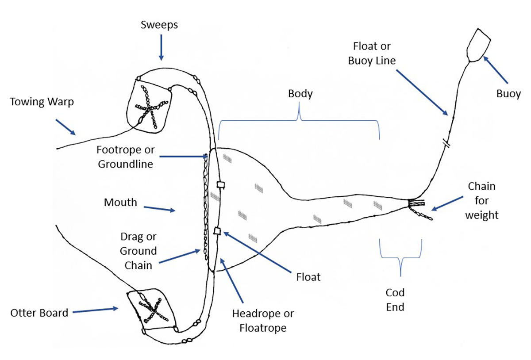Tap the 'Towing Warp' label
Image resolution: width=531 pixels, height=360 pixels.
[42, 102]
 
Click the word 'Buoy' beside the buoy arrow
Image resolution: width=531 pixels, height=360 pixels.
[508, 94]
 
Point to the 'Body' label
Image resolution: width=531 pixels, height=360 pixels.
[300, 94]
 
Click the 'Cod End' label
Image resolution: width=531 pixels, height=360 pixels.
[395, 299]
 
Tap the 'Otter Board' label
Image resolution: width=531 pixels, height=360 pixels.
[39, 313]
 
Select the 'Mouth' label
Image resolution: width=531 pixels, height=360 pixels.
[120, 203]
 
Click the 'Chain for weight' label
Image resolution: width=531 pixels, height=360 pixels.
[481, 201]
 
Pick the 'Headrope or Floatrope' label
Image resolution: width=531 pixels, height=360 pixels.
[263, 321]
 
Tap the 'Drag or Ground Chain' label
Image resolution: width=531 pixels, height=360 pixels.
[139, 251]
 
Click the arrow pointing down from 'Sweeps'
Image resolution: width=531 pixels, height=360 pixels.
[161, 46]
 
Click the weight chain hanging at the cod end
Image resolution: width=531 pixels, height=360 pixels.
[422, 214]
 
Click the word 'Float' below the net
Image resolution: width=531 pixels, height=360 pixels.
[308, 277]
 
